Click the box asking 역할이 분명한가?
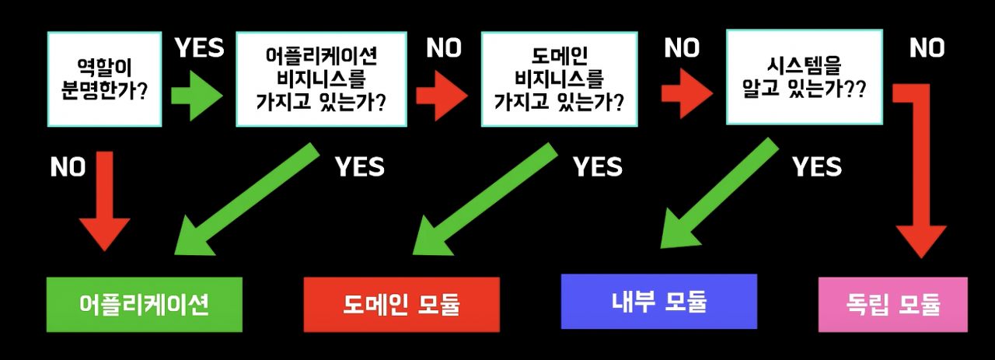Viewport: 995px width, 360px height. [x=104, y=79]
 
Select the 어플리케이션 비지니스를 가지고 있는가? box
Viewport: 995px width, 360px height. [x=321, y=79]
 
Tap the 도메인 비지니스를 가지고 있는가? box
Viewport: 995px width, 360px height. [x=559, y=79]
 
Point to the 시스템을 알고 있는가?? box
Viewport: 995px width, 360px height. [x=804, y=76]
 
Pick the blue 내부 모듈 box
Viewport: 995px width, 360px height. [x=658, y=301]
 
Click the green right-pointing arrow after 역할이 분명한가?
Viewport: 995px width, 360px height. [x=195, y=94]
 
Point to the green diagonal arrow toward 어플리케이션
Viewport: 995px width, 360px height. [x=241, y=204]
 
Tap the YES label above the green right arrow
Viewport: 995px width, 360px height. [x=200, y=48]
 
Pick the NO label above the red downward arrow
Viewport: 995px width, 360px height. [x=68, y=167]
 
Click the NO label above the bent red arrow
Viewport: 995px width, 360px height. [x=927, y=48]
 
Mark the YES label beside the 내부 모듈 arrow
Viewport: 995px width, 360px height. [x=816, y=166]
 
